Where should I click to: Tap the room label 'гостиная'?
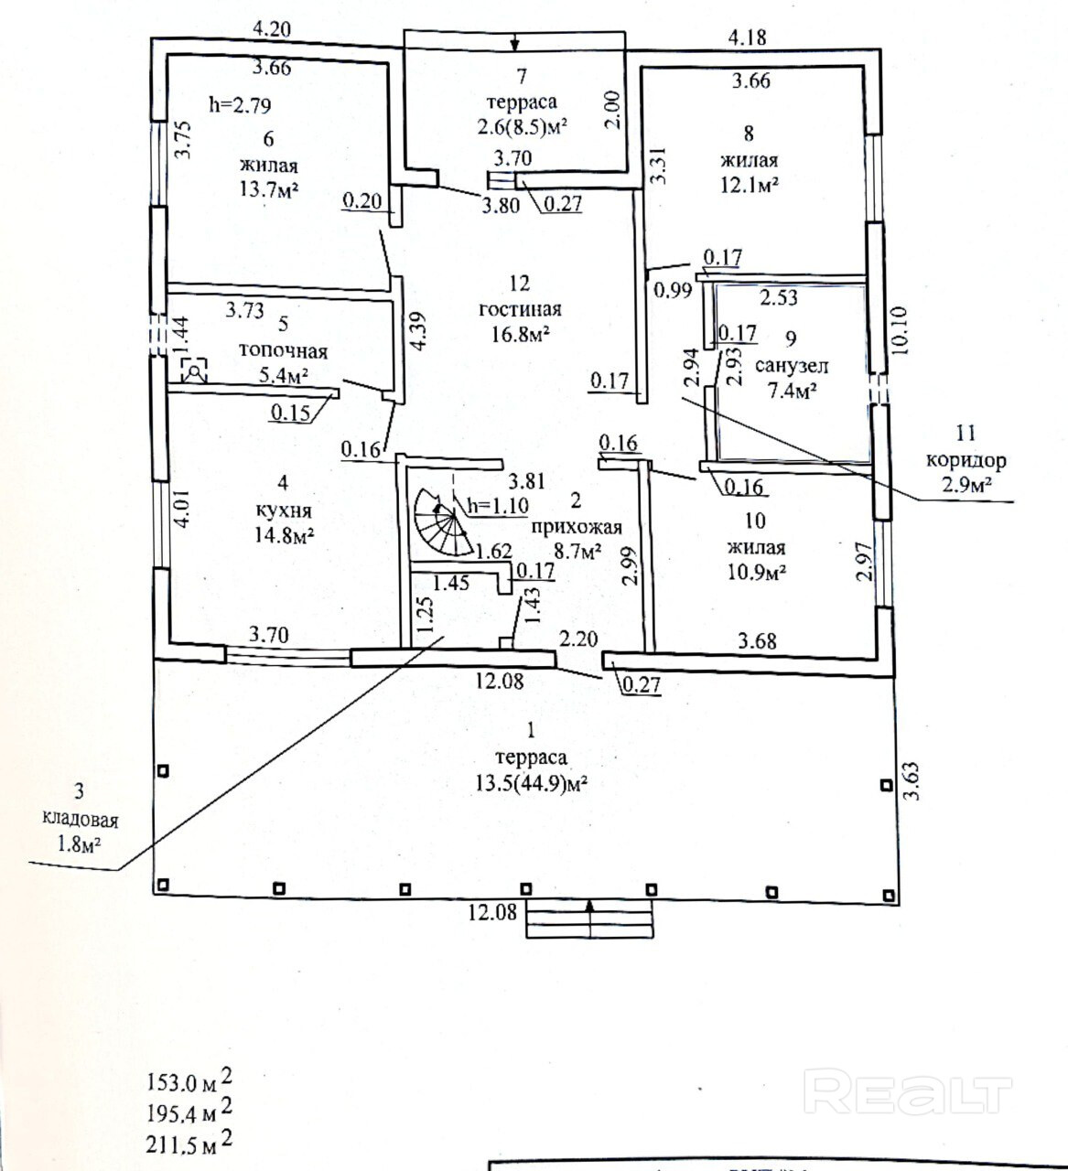(x=521, y=309)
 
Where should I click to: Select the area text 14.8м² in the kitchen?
(x=285, y=534)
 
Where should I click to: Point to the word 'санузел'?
(x=792, y=366)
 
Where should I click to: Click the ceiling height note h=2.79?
(x=240, y=105)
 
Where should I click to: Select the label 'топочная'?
(x=283, y=351)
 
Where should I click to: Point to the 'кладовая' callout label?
(x=80, y=820)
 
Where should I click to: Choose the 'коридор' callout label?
(x=966, y=460)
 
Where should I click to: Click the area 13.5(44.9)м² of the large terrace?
(x=532, y=783)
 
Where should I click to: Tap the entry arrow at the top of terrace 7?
(x=514, y=42)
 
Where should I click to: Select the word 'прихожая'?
(x=577, y=528)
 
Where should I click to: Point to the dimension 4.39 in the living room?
(x=419, y=331)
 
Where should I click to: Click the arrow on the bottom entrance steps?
(x=590, y=919)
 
